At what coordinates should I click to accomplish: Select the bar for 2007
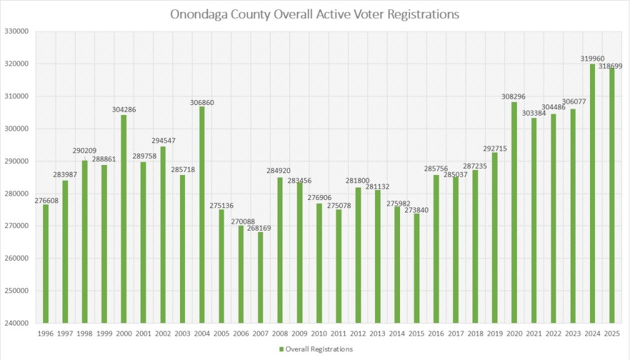pos(260,277)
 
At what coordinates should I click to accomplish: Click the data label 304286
pos(124,109)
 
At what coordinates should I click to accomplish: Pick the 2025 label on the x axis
pos(611,334)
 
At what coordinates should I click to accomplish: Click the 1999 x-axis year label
pos(104,334)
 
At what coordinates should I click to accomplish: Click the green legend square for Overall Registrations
pos(281,349)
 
